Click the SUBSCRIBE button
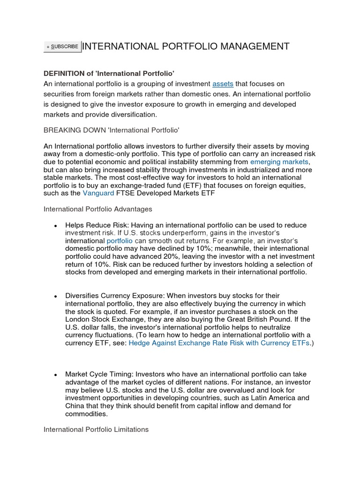tap(62, 46)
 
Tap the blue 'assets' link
tap(223, 84)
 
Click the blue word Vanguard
tap(98, 193)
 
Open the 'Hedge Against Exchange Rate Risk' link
tap(219, 343)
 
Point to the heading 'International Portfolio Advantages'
tap(98, 209)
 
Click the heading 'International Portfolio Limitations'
tap(96, 429)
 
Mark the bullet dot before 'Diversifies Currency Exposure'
tap(55, 297)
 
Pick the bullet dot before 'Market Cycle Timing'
tap(55, 375)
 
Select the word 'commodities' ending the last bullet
tap(86, 414)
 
